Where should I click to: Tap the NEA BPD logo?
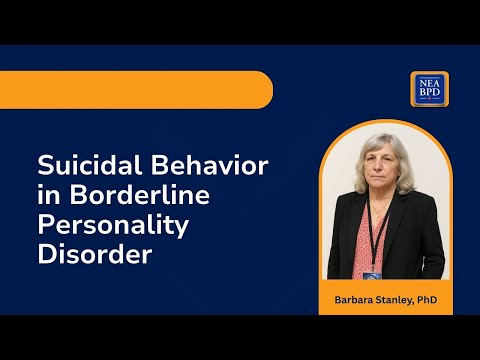point(427,89)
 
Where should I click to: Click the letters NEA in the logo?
point(427,82)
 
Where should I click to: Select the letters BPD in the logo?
point(427,95)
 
